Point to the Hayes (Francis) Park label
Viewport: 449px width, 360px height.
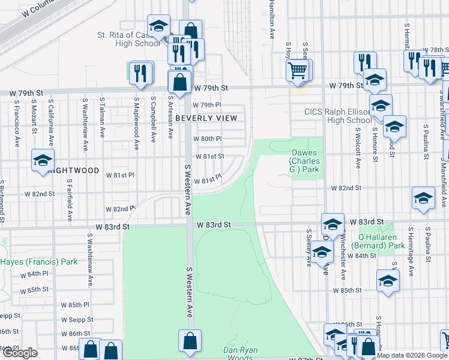[x=39, y=262]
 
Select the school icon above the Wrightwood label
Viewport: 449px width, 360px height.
[x=43, y=160]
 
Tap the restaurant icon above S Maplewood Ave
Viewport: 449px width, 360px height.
[x=140, y=73]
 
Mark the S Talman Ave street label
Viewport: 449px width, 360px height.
[x=103, y=111]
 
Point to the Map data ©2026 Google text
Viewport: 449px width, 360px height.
[x=412, y=355]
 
